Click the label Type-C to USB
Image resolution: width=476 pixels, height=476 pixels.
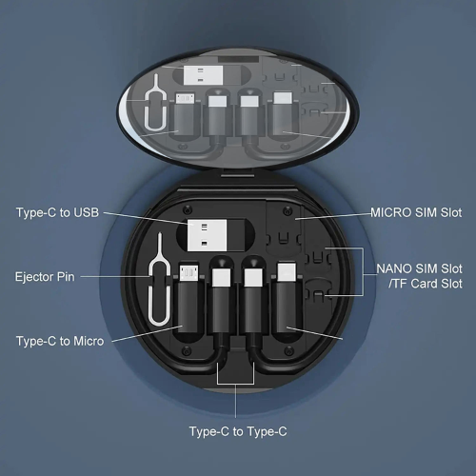[57, 212]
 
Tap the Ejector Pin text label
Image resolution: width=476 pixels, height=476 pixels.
[45, 277]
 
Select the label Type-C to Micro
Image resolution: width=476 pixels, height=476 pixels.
[60, 341]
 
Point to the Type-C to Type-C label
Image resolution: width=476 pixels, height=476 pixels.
[238, 431]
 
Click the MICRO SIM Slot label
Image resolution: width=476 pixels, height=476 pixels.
[416, 212]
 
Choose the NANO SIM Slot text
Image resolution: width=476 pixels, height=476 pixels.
[419, 268]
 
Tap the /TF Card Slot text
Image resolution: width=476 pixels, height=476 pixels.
[426, 284]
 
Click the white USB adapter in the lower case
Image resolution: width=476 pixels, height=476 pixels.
[207, 235]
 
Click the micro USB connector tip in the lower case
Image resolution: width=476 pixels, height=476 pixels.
[189, 273]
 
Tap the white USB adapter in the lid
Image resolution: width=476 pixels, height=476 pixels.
[203, 75]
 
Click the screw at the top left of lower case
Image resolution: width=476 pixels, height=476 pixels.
[188, 209]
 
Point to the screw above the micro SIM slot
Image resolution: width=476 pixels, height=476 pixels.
[288, 210]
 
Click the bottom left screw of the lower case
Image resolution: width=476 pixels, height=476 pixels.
[187, 350]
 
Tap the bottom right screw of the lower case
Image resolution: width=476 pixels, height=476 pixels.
[288, 351]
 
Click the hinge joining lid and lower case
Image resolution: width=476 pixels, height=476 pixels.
[238, 173]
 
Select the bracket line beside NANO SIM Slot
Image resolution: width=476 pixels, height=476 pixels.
[363, 271]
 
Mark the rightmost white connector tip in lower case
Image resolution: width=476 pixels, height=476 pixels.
[287, 272]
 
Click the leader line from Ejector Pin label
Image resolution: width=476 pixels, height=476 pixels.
[115, 277]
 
